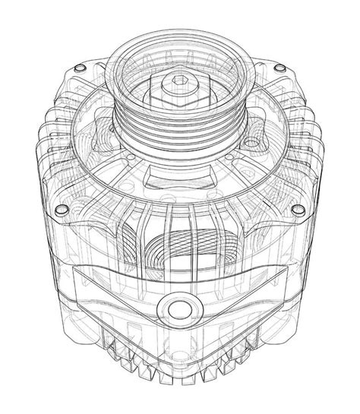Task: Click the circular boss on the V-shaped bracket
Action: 180,309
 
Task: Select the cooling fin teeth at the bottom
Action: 180,365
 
